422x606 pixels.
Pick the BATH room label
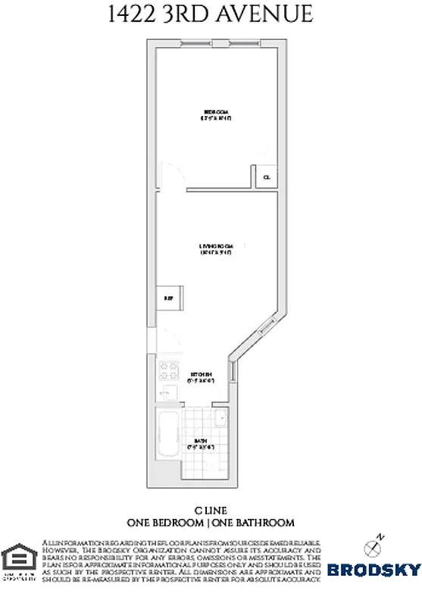199,441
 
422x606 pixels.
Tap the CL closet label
265,178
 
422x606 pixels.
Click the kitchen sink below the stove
167,394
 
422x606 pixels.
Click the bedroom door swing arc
171,176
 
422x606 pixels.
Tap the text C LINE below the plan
211,511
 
